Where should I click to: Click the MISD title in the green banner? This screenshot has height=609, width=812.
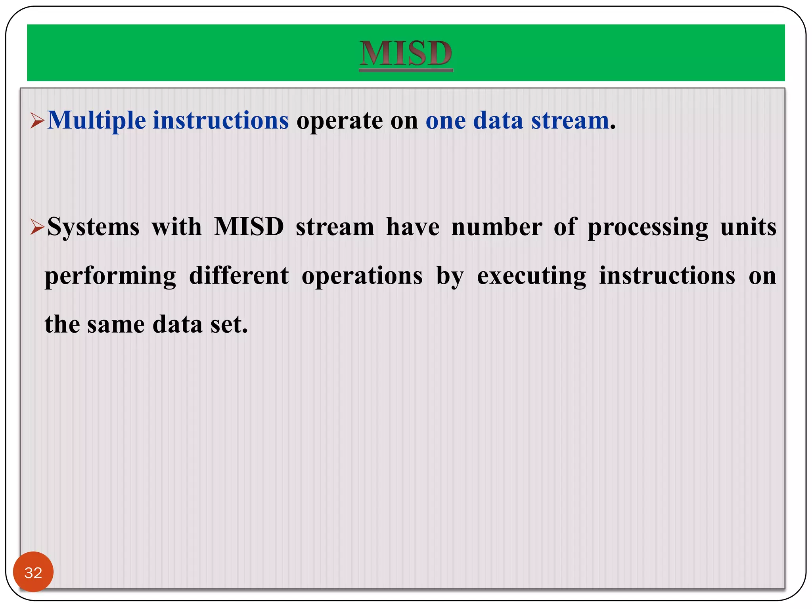pos(406,54)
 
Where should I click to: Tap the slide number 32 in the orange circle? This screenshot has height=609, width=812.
pos(33,573)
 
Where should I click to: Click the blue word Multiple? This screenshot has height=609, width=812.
pos(97,121)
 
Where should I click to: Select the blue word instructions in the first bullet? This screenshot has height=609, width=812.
pos(220,121)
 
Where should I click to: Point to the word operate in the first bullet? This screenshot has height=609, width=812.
pos(340,121)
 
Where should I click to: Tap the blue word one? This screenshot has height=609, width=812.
pos(445,121)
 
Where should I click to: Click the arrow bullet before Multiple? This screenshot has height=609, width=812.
pos(37,121)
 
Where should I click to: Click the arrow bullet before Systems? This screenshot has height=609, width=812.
pos(37,228)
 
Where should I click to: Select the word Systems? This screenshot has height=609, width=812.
pos(93,227)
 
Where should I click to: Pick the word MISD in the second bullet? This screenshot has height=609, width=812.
pos(249,227)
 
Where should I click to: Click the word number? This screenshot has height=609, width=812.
pos(497,227)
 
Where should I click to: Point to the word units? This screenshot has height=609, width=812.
pos(748,227)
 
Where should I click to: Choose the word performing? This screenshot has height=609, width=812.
pos(110,276)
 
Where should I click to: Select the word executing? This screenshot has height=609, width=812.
pos(531,276)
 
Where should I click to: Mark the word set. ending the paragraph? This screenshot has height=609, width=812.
pos(229,325)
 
